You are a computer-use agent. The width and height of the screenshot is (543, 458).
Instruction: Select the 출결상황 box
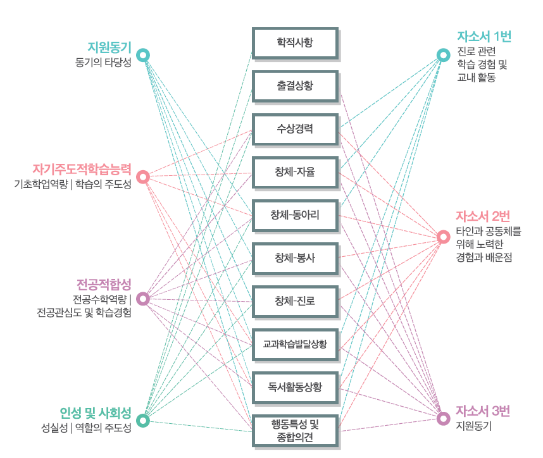pyautogui.click(x=295, y=86)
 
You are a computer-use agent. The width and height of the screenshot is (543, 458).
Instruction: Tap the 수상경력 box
pyautogui.click(x=295, y=129)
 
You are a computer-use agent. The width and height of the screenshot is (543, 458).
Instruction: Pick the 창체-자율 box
pyautogui.click(x=295, y=172)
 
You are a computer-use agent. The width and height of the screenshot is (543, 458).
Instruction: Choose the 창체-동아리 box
pyautogui.click(x=295, y=215)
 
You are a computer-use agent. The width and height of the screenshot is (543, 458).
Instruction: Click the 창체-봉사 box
pyautogui.click(x=295, y=258)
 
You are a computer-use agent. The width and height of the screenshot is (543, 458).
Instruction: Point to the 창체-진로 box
pyautogui.click(x=295, y=301)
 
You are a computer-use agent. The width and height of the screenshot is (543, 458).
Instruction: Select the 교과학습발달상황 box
pyautogui.click(x=295, y=344)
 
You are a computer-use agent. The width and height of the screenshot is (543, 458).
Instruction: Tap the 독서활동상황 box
pyautogui.click(x=295, y=387)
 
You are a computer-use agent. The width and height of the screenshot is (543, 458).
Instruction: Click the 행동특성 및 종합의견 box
pyautogui.click(x=295, y=430)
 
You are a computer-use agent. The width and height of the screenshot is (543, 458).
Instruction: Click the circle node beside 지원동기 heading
pyautogui.click(x=144, y=55)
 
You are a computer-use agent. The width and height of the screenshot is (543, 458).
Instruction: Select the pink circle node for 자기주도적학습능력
pyautogui.click(x=144, y=176)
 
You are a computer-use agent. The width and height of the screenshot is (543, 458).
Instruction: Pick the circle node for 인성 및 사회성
pyautogui.click(x=144, y=419)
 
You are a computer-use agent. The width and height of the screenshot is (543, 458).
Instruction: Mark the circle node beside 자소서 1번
pyautogui.click(x=444, y=55)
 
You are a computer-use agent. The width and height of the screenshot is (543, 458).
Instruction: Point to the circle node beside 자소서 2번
pyautogui.click(x=444, y=237)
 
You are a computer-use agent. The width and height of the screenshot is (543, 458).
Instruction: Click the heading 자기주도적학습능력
pyautogui.click(x=82, y=169)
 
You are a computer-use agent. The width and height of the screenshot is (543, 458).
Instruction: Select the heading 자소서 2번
pyautogui.click(x=483, y=214)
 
